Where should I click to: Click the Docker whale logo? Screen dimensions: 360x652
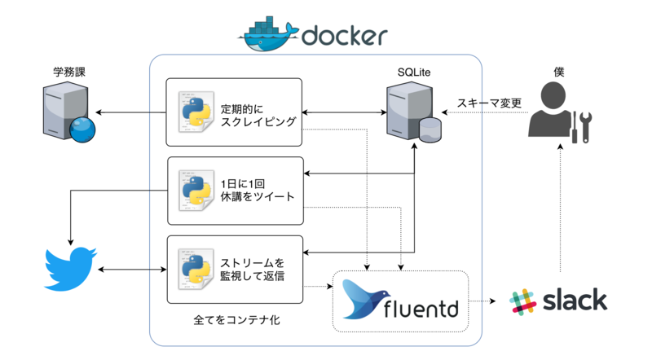(268, 34)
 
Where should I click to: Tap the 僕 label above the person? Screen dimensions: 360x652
(558, 72)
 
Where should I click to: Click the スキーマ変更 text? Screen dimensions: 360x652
(489, 103)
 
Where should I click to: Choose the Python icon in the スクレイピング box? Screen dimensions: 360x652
(196, 113)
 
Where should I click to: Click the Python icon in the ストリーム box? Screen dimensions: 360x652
(196, 270)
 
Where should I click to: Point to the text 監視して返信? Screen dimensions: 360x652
(253, 277)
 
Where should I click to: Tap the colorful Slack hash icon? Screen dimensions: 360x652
(522, 301)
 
